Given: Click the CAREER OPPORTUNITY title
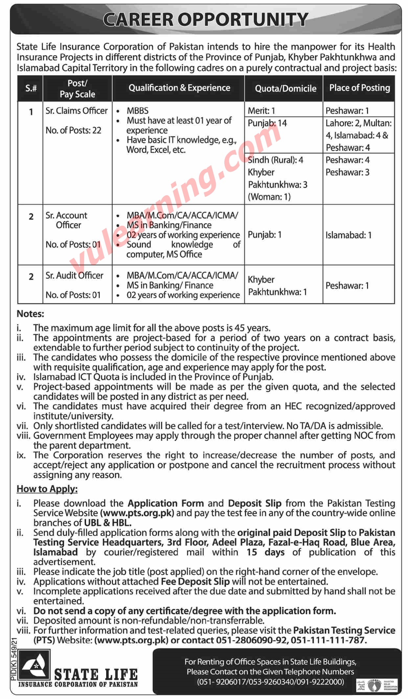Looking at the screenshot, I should (x=206, y=20).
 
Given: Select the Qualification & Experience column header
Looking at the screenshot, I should (x=179, y=88).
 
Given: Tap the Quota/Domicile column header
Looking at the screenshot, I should (x=285, y=88).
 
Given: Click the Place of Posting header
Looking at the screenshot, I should (x=360, y=88).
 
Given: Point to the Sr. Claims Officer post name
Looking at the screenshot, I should (x=77, y=111).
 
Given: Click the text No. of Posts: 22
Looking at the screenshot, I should (x=73, y=130).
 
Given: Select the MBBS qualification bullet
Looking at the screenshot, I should (x=138, y=111).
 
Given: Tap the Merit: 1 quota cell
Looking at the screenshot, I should (x=261, y=111).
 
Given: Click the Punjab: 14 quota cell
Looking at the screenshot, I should (x=267, y=123).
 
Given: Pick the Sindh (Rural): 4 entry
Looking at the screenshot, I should (x=275, y=160).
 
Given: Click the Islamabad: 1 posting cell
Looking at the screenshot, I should (x=349, y=235).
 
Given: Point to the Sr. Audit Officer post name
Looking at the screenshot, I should (x=74, y=275).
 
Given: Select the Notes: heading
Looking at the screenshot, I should (x=30, y=314).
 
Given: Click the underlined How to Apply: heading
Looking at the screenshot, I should (x=47, y=489).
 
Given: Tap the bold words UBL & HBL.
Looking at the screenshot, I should (x=108, y=522).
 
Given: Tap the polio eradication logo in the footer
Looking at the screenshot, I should (x=377, y=685).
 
